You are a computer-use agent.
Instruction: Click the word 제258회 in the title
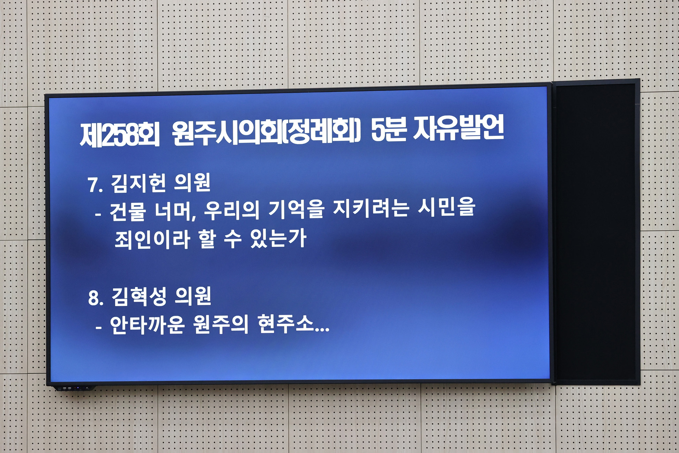pos(120,134)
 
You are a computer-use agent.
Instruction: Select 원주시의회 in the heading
pos(227,133)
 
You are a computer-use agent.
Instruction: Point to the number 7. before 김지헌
pos(95,185)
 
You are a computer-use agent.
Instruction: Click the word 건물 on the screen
pos(127,211)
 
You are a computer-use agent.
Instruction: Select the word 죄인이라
pos(152,239)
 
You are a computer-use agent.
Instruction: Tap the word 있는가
pos(278,238)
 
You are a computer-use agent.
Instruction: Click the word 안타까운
pos(147,325)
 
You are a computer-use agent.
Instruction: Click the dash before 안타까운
pos(99,328)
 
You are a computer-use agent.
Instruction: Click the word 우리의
pos(232,210)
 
